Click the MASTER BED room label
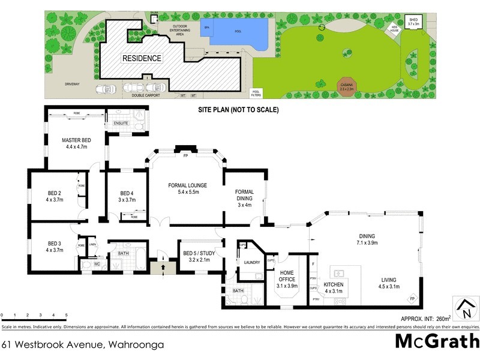(x=75, y=142)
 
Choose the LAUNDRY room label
(x=252, y=262)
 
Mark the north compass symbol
(x=464, y=310)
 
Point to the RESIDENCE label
(x=142, y=58)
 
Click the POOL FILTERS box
(x=256, y=93)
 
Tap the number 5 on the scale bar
(x=66, y=314)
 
